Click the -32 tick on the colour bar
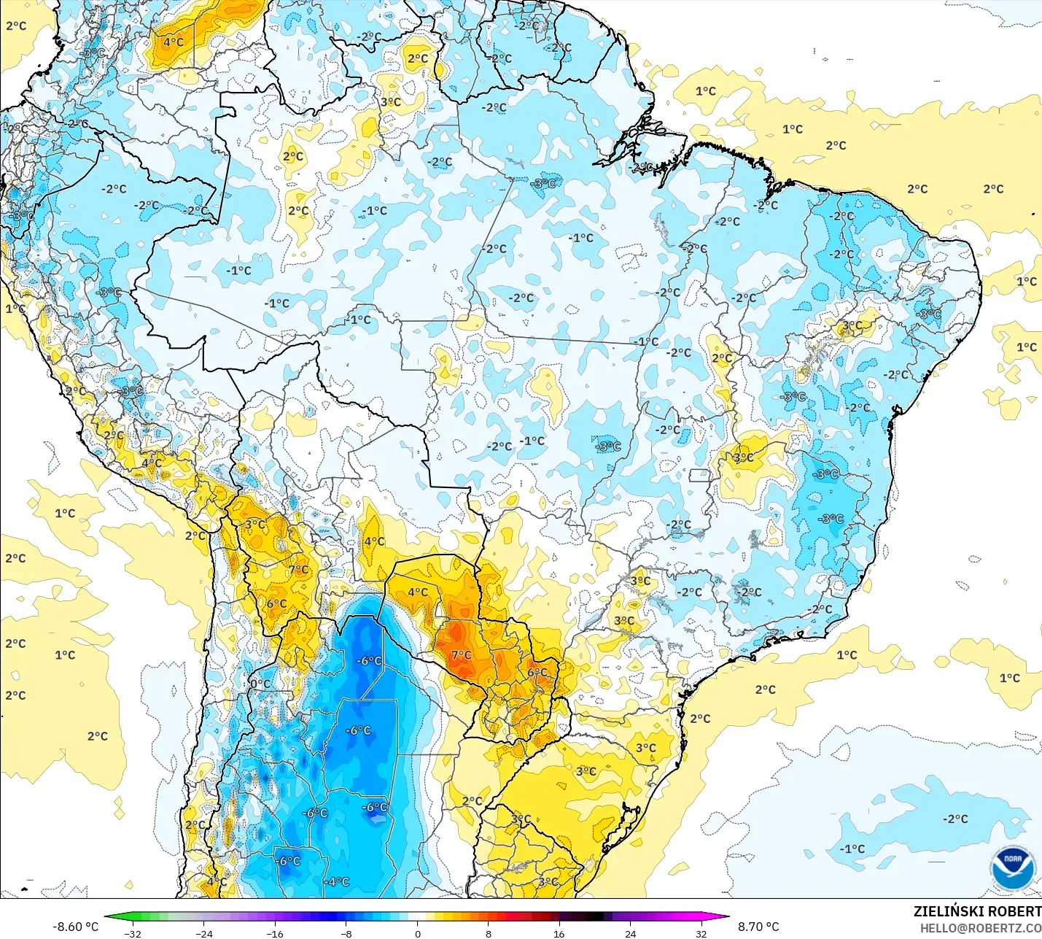coord(133,933)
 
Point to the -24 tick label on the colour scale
coord(204,933)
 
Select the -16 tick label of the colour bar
coord(274,933)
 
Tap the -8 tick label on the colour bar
coord(346,933)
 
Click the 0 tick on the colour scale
coord(417,933)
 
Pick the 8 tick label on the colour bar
coord(489,933)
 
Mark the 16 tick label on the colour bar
coord(559,933)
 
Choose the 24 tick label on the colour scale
coord(630,933)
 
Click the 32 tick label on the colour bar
coord(701,933)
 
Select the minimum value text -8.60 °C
coord(75,927)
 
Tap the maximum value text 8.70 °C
coord(758,927)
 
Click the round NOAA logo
coord(1013,868)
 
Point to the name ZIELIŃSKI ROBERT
coord(977,911)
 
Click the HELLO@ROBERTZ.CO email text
coord(980,928)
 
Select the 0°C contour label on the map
coord(260,684)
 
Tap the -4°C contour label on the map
coord(337,881)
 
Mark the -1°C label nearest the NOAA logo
coord(852,849)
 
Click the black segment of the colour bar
coord(594,917)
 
